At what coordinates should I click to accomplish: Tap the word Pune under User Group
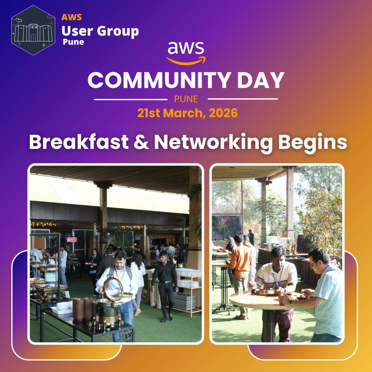click(73, 42)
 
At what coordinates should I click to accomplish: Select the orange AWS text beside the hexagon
click(72, 17)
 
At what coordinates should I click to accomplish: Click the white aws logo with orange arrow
click(186, 53)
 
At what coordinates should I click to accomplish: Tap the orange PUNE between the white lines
click(186, 99)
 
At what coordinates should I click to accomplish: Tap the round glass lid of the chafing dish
click(113, 288)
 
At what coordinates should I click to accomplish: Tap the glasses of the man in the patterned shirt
click(314, 263)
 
